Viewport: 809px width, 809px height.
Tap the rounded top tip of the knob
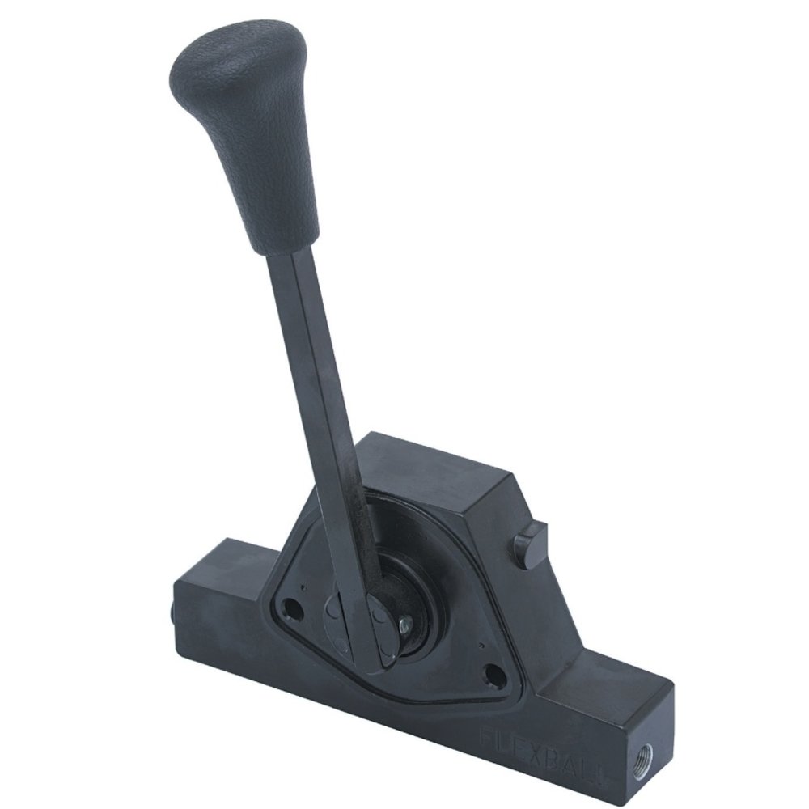[x=239, y=36]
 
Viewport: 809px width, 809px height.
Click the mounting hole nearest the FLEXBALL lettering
[x=489, y=670]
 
